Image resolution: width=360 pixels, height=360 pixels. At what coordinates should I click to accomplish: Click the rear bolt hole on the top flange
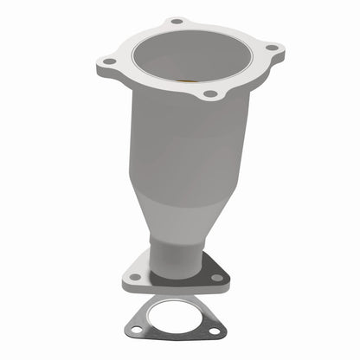177,21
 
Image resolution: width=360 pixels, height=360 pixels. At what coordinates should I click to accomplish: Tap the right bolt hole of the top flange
271,48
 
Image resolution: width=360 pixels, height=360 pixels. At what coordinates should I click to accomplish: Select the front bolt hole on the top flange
209,93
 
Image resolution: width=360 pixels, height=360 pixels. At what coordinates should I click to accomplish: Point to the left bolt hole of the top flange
110,62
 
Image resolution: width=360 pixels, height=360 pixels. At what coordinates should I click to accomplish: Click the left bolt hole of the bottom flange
135,278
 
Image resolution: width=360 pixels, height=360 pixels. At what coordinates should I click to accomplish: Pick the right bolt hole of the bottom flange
216,277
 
